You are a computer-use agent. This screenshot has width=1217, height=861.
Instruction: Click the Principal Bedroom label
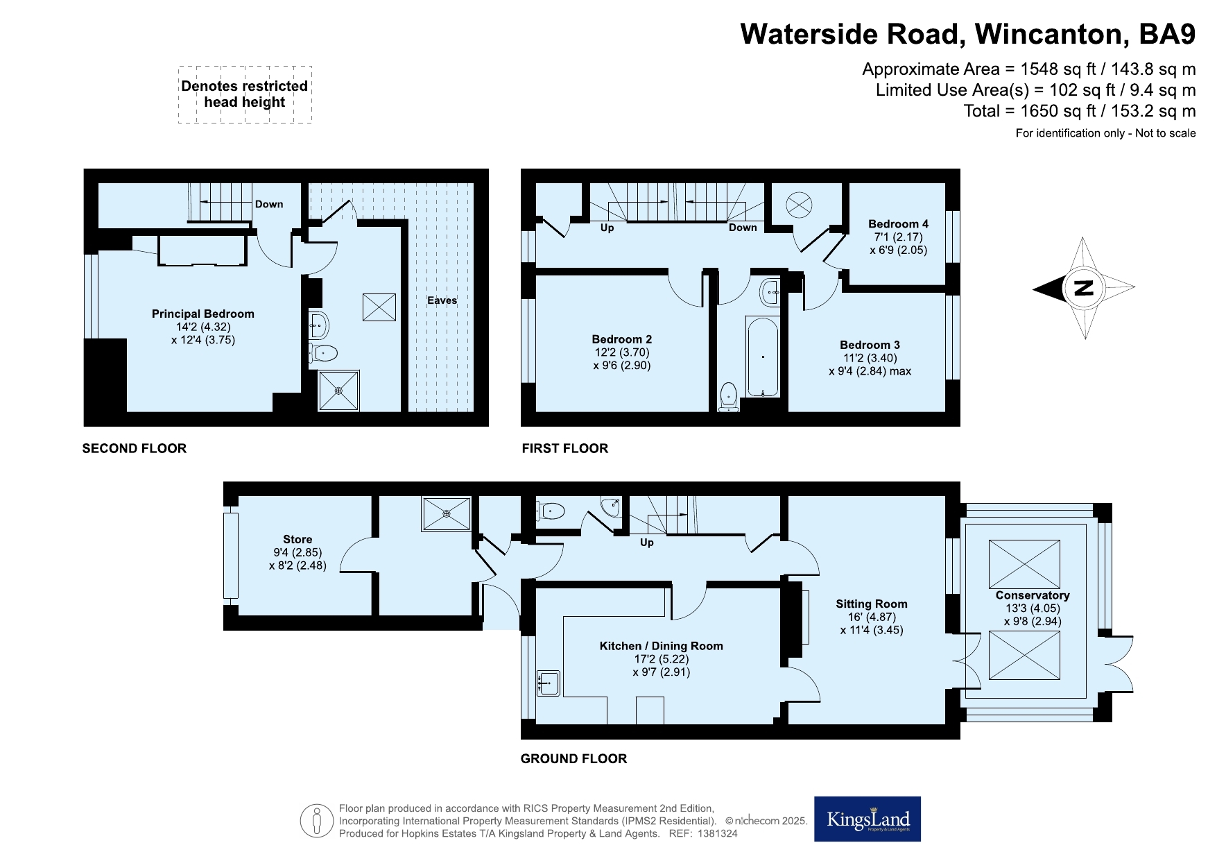(203, 314)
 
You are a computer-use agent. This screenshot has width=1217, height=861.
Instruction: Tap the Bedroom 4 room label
(898, 224)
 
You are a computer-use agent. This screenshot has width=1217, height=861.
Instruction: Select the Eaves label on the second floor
(442, 300)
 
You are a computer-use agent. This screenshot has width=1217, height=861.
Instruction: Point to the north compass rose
(1084, 288)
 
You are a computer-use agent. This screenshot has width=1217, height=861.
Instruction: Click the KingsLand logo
(868, 819)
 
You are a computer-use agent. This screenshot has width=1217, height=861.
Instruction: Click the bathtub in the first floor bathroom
(763, 357)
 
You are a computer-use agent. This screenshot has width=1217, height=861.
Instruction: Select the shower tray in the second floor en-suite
(338, 391)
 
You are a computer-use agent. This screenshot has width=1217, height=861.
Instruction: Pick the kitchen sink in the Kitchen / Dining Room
(548, 683)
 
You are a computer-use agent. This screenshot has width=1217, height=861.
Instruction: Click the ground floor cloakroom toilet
(550, 511)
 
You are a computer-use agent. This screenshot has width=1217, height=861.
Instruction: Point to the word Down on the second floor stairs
(269, 204)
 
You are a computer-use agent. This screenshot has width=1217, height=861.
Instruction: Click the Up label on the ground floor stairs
(646, 543)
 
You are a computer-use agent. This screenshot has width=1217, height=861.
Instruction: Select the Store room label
(297, 539)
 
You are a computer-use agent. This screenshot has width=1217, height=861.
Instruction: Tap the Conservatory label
(1033, 595)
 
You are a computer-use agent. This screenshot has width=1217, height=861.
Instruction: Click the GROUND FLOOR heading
(573, 759)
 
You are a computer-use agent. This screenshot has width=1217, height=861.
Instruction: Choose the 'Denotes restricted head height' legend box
(245, 94)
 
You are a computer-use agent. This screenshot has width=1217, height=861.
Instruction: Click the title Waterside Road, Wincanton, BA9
(968, 34)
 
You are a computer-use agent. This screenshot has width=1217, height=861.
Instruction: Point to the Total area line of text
(1080, 111)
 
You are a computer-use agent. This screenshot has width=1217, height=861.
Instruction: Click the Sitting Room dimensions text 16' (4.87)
(872, 617)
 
